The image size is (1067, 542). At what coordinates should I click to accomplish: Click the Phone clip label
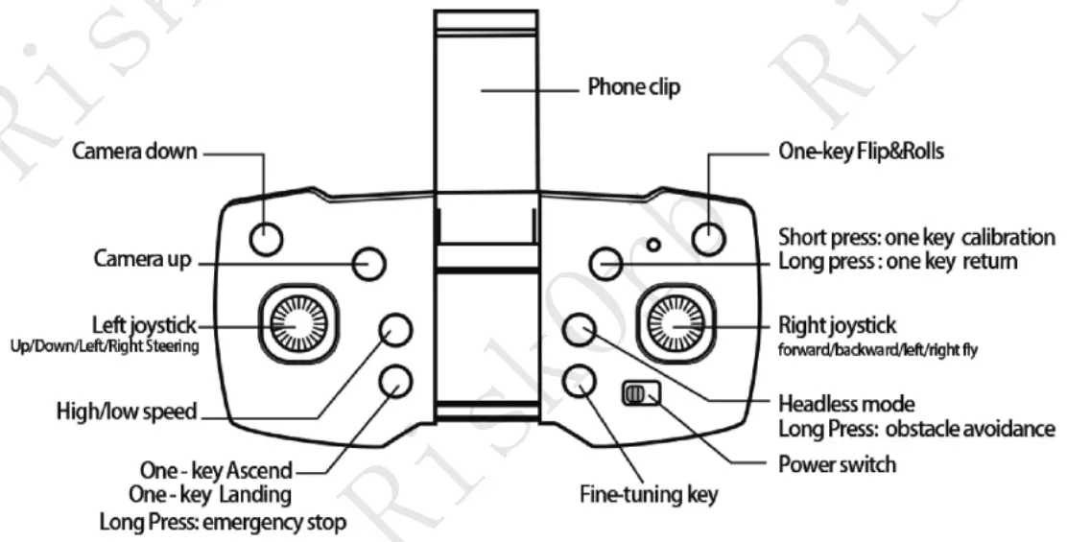[633, 87]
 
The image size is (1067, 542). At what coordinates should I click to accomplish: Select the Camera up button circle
[368, 262]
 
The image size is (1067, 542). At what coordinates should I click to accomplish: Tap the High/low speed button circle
[395, 330]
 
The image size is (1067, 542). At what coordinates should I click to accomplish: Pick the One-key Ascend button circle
[395, 381]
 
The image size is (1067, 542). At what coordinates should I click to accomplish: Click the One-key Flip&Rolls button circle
[708, 236]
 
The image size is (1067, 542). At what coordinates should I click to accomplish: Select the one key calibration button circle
[605, 262]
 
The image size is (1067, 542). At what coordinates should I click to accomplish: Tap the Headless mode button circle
[579, 329]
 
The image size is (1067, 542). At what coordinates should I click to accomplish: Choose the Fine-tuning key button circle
[578, 380]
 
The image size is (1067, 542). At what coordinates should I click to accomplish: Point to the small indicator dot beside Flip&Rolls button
[653, 245]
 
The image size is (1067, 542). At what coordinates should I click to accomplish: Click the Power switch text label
[837, 464]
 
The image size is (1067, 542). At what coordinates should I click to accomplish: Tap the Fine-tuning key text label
[649, 495]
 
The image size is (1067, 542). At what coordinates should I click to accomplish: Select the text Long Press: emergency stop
[223, 523]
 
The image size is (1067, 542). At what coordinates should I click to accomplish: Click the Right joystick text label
[838, 326]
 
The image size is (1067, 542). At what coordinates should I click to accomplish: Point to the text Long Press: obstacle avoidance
[916, 429]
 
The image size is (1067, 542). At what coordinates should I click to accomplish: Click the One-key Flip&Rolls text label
[861, 152]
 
